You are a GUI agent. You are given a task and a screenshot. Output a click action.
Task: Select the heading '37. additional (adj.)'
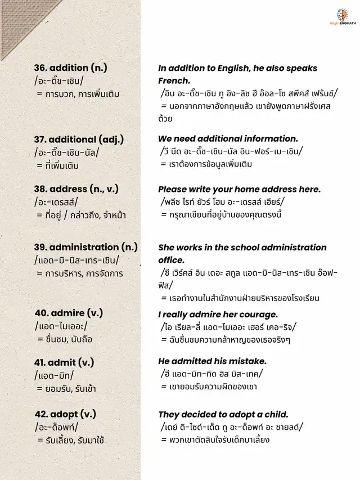(x=79, y=139)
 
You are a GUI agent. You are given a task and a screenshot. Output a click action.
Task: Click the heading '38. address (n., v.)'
(x=76, y=189)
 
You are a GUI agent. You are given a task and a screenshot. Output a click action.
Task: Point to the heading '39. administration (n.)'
(x=84, y=247)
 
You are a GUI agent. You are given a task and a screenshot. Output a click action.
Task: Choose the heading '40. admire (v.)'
(x=69, y=313)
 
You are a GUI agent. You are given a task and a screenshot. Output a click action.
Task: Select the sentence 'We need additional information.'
(x=228, y=138)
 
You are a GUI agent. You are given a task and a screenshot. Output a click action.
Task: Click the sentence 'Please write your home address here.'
(x=239, y=189)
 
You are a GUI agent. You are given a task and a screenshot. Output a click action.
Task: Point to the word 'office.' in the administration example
(x=171, y=260)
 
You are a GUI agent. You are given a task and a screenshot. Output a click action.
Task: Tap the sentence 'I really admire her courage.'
(x=218, y=314)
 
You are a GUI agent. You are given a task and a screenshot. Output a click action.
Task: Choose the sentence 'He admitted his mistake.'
(x=212, y=361)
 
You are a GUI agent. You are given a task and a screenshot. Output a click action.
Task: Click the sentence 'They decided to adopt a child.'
(x=223, y=414)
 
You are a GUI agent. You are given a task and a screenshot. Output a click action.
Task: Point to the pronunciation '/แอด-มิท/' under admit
(x=54, y=375)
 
